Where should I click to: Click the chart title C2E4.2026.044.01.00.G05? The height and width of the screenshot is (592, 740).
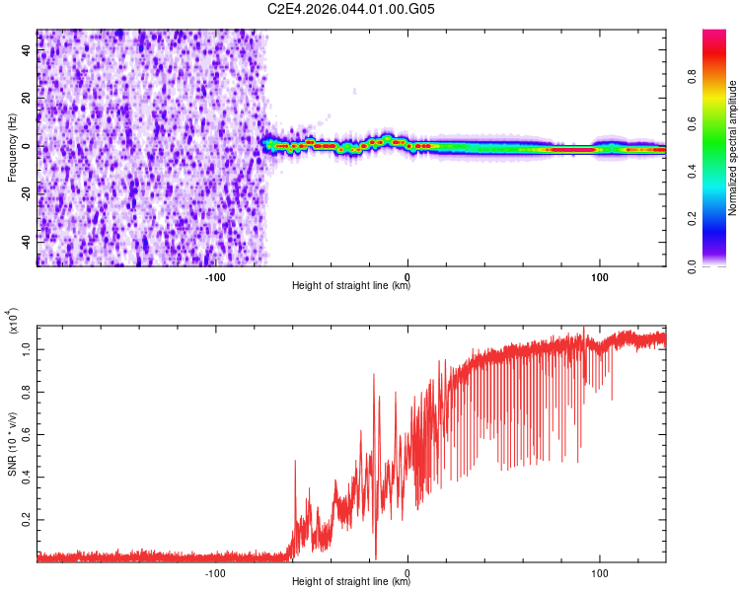351,9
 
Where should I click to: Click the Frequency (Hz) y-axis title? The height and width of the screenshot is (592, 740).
12,148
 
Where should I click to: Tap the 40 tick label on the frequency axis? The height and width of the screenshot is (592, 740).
27,51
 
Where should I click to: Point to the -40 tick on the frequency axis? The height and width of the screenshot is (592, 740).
27,240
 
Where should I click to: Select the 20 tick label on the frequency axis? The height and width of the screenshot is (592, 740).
27,99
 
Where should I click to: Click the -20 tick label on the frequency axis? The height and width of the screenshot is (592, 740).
27,192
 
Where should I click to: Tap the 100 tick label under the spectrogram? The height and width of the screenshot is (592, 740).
599,276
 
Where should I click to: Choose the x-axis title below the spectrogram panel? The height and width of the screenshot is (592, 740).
351,286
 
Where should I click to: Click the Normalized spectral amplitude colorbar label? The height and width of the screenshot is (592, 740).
732,148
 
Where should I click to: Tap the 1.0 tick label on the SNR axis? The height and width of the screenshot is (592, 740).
27,349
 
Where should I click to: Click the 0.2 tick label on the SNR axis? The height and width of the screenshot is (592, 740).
27,518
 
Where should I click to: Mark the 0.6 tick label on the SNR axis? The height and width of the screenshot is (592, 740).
27,434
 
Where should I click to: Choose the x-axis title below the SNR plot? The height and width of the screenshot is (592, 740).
351,582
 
